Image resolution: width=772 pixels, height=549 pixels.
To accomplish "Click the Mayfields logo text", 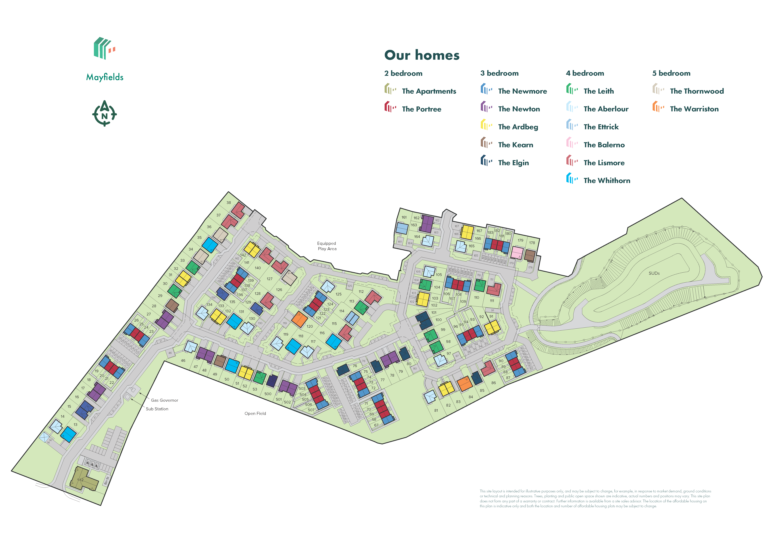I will tap(105, 77).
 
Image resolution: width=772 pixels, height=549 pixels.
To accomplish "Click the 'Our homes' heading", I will tap(422, 55).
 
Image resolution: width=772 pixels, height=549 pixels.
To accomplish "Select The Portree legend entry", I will tap(421, 109).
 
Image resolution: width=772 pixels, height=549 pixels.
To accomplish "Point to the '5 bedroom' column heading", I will tap(671, 73).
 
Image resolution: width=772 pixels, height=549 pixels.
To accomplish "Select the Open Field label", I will tap(255, 413).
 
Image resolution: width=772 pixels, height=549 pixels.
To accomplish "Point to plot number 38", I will tap(229, 202).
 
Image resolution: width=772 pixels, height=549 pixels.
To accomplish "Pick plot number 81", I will tap(436, 410).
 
